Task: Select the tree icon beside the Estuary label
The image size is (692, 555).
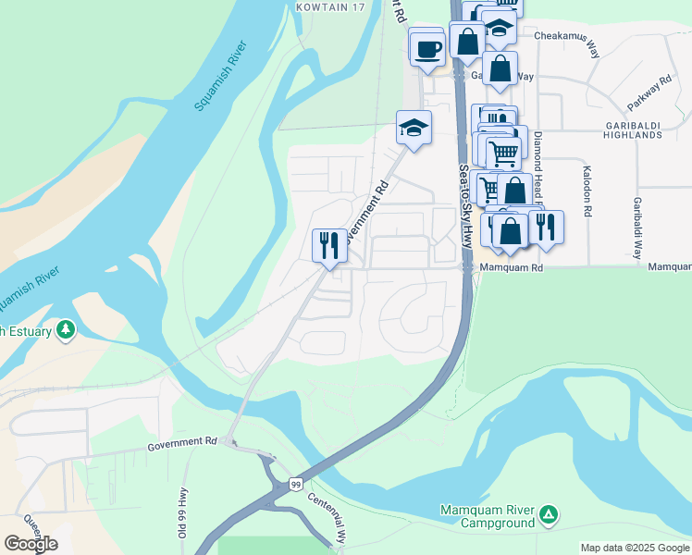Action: (x=66, y=330)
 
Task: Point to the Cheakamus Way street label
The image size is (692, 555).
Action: (x=567, y=38)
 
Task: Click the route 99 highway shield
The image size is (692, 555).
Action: (x=295, y=484)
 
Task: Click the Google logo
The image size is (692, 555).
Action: (x=31, y=544)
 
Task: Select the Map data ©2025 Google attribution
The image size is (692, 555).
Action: (x=634, y=548)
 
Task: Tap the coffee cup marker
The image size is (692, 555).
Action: (x=427, y=48)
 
